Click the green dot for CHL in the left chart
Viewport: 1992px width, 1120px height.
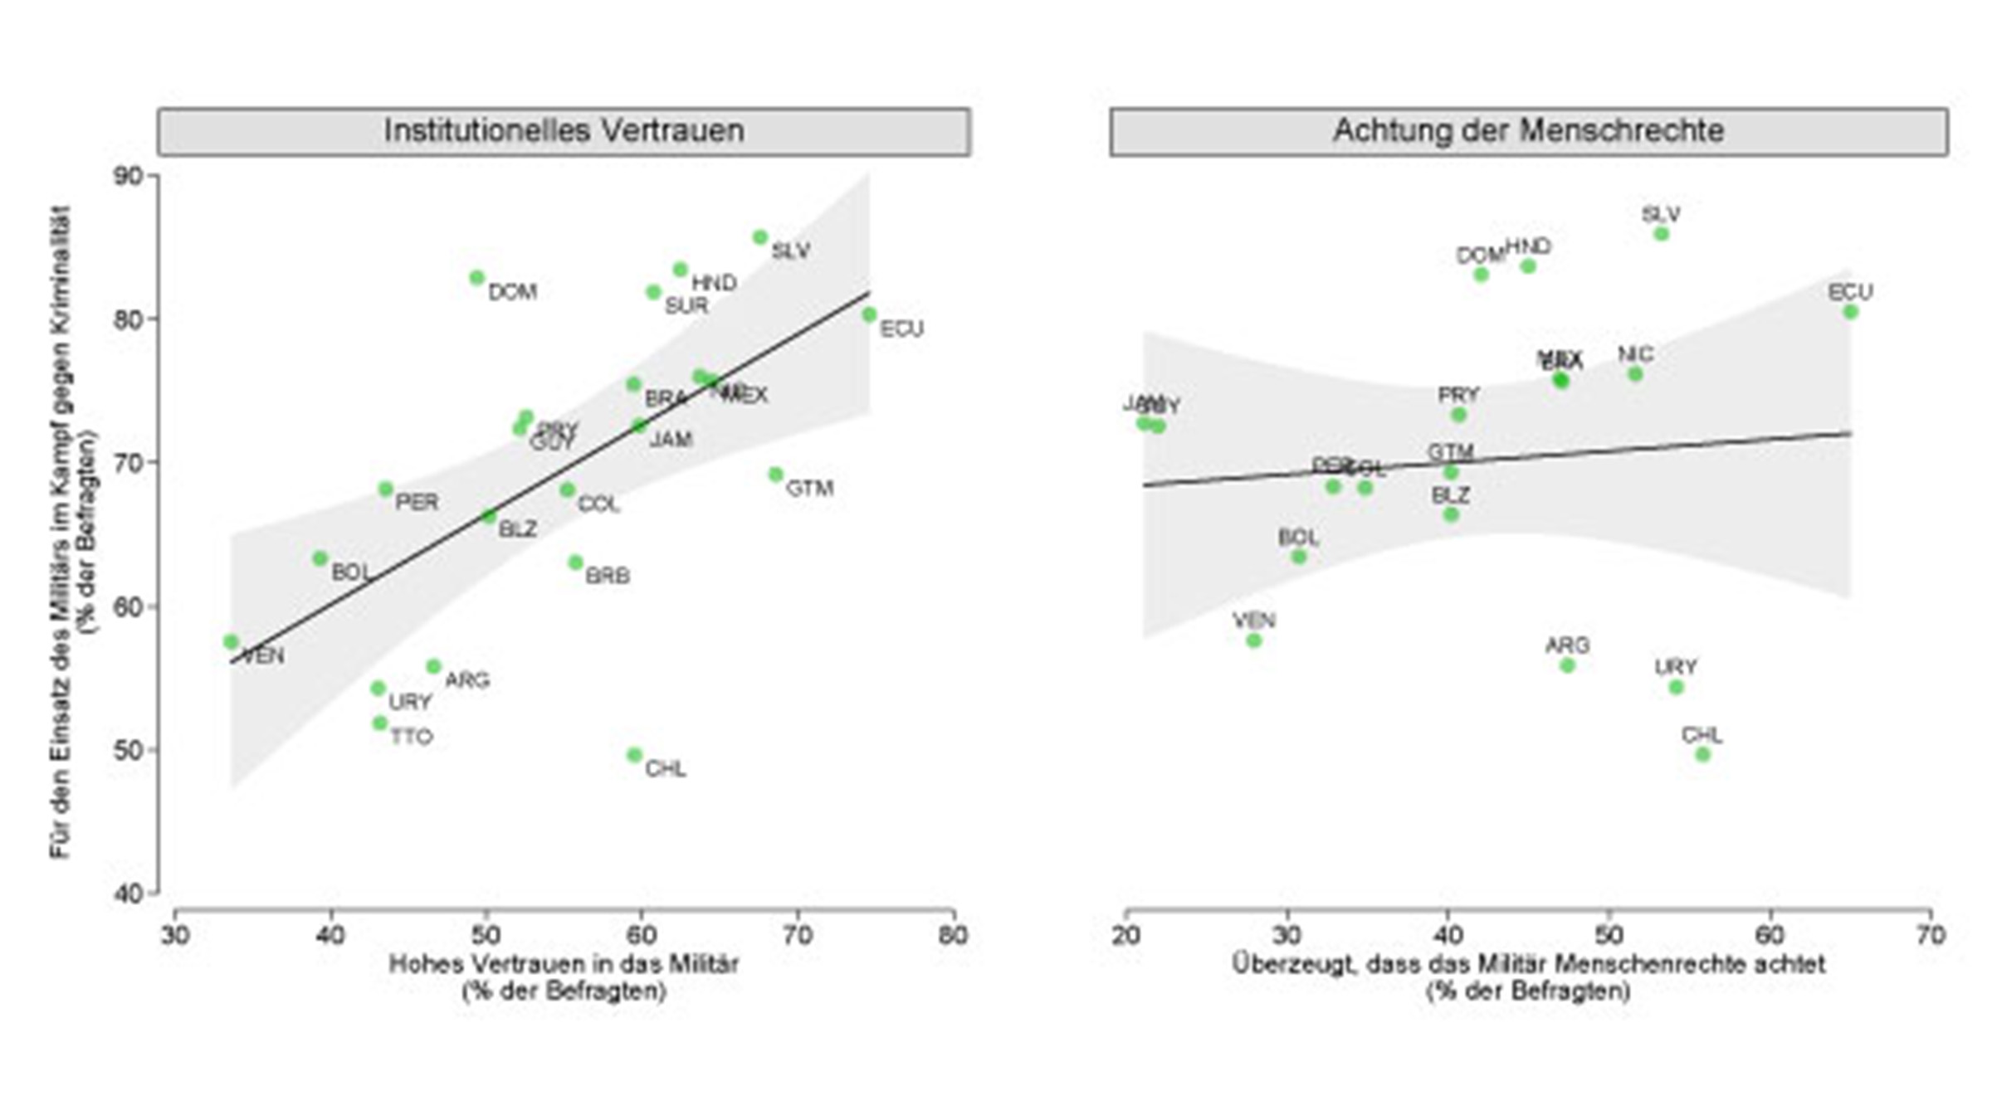[x=634, y=755]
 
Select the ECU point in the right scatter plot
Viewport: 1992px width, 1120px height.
[x=1850, y=312]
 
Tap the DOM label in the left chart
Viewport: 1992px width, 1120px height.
[x=512, y=292]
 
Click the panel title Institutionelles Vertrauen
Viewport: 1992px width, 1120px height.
[x=564, y=131]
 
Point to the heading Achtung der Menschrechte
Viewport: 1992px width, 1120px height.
[x=1528, y=131]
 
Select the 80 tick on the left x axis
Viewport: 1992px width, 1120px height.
[x=953, y=936]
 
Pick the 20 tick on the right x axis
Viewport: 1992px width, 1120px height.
[x=1126, y=936]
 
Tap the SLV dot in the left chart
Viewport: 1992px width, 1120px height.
[x=760, y=237]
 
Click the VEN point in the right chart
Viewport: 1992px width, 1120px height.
[x=1254, y=640]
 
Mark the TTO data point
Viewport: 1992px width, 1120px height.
[x=380, y=723]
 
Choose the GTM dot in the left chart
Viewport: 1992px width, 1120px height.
[x=776, y=475]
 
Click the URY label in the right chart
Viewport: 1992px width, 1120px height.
[x=1676, y=667]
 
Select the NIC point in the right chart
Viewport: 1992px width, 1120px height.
[x=1635, y=374]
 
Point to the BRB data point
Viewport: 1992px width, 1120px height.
[x=575, y=562]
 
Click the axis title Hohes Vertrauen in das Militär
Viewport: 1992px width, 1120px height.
[x=564, y=964]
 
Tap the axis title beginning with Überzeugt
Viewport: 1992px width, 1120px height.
[x=1528, y=964]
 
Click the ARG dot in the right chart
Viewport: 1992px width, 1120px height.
[x=1567, y=665]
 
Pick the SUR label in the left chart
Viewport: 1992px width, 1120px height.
[x=686, y=306]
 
